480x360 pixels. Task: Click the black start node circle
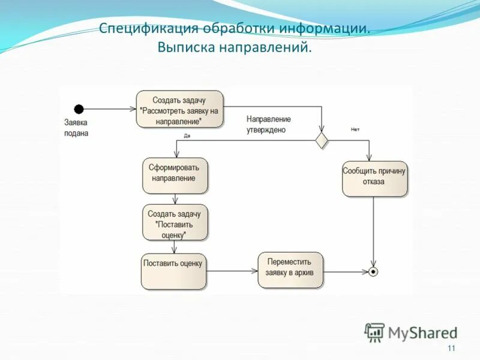79,109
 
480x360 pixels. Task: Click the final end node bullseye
374,271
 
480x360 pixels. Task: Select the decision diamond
322,140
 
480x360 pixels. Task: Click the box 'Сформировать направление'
175,175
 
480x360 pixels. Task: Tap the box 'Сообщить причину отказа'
374,178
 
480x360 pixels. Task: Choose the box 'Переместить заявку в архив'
290,270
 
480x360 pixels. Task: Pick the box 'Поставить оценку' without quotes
173,271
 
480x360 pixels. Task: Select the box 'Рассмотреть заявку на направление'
179,109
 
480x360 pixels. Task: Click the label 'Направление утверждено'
268,124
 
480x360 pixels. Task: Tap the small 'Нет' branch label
355,130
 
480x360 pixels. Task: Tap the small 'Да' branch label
187,136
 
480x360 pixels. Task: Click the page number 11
451,349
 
